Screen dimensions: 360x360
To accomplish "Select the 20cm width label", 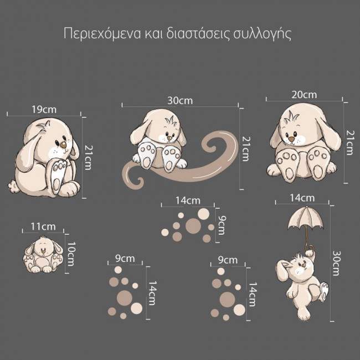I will (x=304, y=94).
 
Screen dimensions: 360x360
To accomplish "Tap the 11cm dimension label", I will (x=43, y=226).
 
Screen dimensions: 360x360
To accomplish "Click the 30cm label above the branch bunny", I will (x=180, y=100).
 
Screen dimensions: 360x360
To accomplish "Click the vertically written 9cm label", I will (x=221, y=224).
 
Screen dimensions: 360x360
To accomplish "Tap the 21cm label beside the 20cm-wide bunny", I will (x=348, y=142).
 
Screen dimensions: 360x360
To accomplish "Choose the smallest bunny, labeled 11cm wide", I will (x=42, y=254).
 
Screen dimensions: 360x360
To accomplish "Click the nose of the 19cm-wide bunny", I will (x=63, y=145).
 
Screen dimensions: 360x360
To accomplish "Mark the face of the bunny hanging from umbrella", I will (x=299, y=268).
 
